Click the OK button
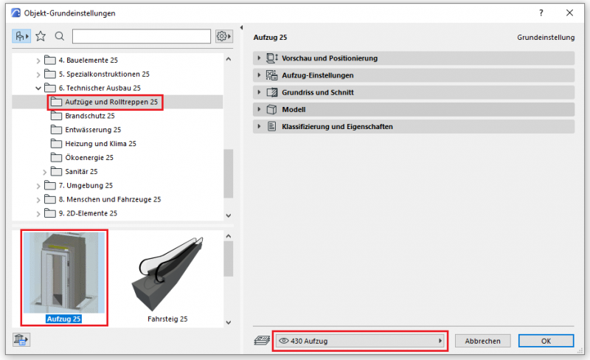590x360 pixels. [546, 341]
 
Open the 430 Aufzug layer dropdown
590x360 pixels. [360, 341]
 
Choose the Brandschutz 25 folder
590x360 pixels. [83, 116]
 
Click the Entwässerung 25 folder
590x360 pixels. [86, 130]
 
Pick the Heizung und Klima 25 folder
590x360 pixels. [94, 144]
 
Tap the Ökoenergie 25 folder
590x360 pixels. [83, 158]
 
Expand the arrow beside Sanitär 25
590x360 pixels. [44, 172]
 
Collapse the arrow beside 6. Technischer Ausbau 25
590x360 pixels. [38, 88]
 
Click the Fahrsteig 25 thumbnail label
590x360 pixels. [167, 319]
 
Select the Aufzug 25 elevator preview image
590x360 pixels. [64, 272]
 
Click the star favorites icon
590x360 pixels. [41, 36]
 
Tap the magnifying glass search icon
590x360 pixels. [60, 36]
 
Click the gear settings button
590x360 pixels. [223, 36]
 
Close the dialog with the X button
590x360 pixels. [569, 13]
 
